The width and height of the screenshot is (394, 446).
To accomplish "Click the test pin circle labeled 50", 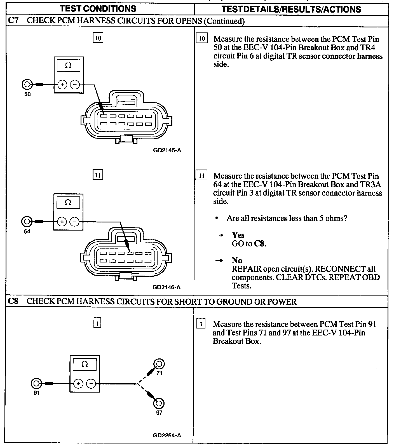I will [27, 84].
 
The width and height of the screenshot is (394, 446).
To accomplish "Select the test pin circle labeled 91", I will [36, 383].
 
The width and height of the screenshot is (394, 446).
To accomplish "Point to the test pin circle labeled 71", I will [159, 364].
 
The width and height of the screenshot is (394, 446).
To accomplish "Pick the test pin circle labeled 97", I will [159, 403].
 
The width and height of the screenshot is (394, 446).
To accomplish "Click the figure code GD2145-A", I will [167, 150].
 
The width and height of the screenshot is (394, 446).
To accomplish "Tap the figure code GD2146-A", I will [167, 287].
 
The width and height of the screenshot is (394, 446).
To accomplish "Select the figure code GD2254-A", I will [167, 435].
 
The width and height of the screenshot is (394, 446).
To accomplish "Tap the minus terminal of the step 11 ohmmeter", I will [74, 222].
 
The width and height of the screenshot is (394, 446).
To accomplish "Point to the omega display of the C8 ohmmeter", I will [84, 365].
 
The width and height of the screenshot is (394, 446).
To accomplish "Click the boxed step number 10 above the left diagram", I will [98, 38].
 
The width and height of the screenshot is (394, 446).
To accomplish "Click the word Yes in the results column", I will [238, 235].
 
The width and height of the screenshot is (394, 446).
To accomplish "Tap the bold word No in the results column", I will [237, 260].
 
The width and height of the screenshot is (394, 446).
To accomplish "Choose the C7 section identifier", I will [13, 21].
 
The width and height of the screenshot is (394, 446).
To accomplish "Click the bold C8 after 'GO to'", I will [259, 244].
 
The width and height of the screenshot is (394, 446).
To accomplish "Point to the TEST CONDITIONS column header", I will [98, 9].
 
